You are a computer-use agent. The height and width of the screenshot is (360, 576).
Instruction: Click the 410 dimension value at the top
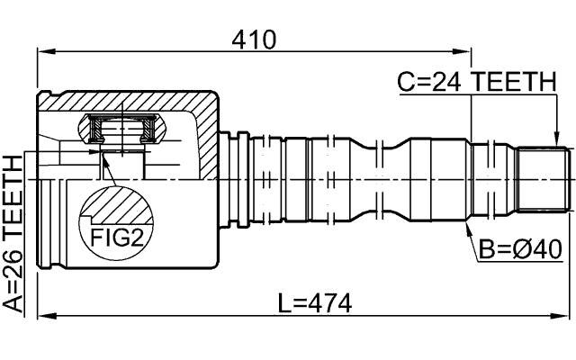(x=253, y=39)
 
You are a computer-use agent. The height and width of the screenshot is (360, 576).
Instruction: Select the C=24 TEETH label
(x=476, y=83)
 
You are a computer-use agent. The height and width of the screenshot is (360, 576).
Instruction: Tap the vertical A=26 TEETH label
(x=13, y=232)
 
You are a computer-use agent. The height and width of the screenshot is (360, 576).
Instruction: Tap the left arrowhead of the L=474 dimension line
(x=41, y=316)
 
